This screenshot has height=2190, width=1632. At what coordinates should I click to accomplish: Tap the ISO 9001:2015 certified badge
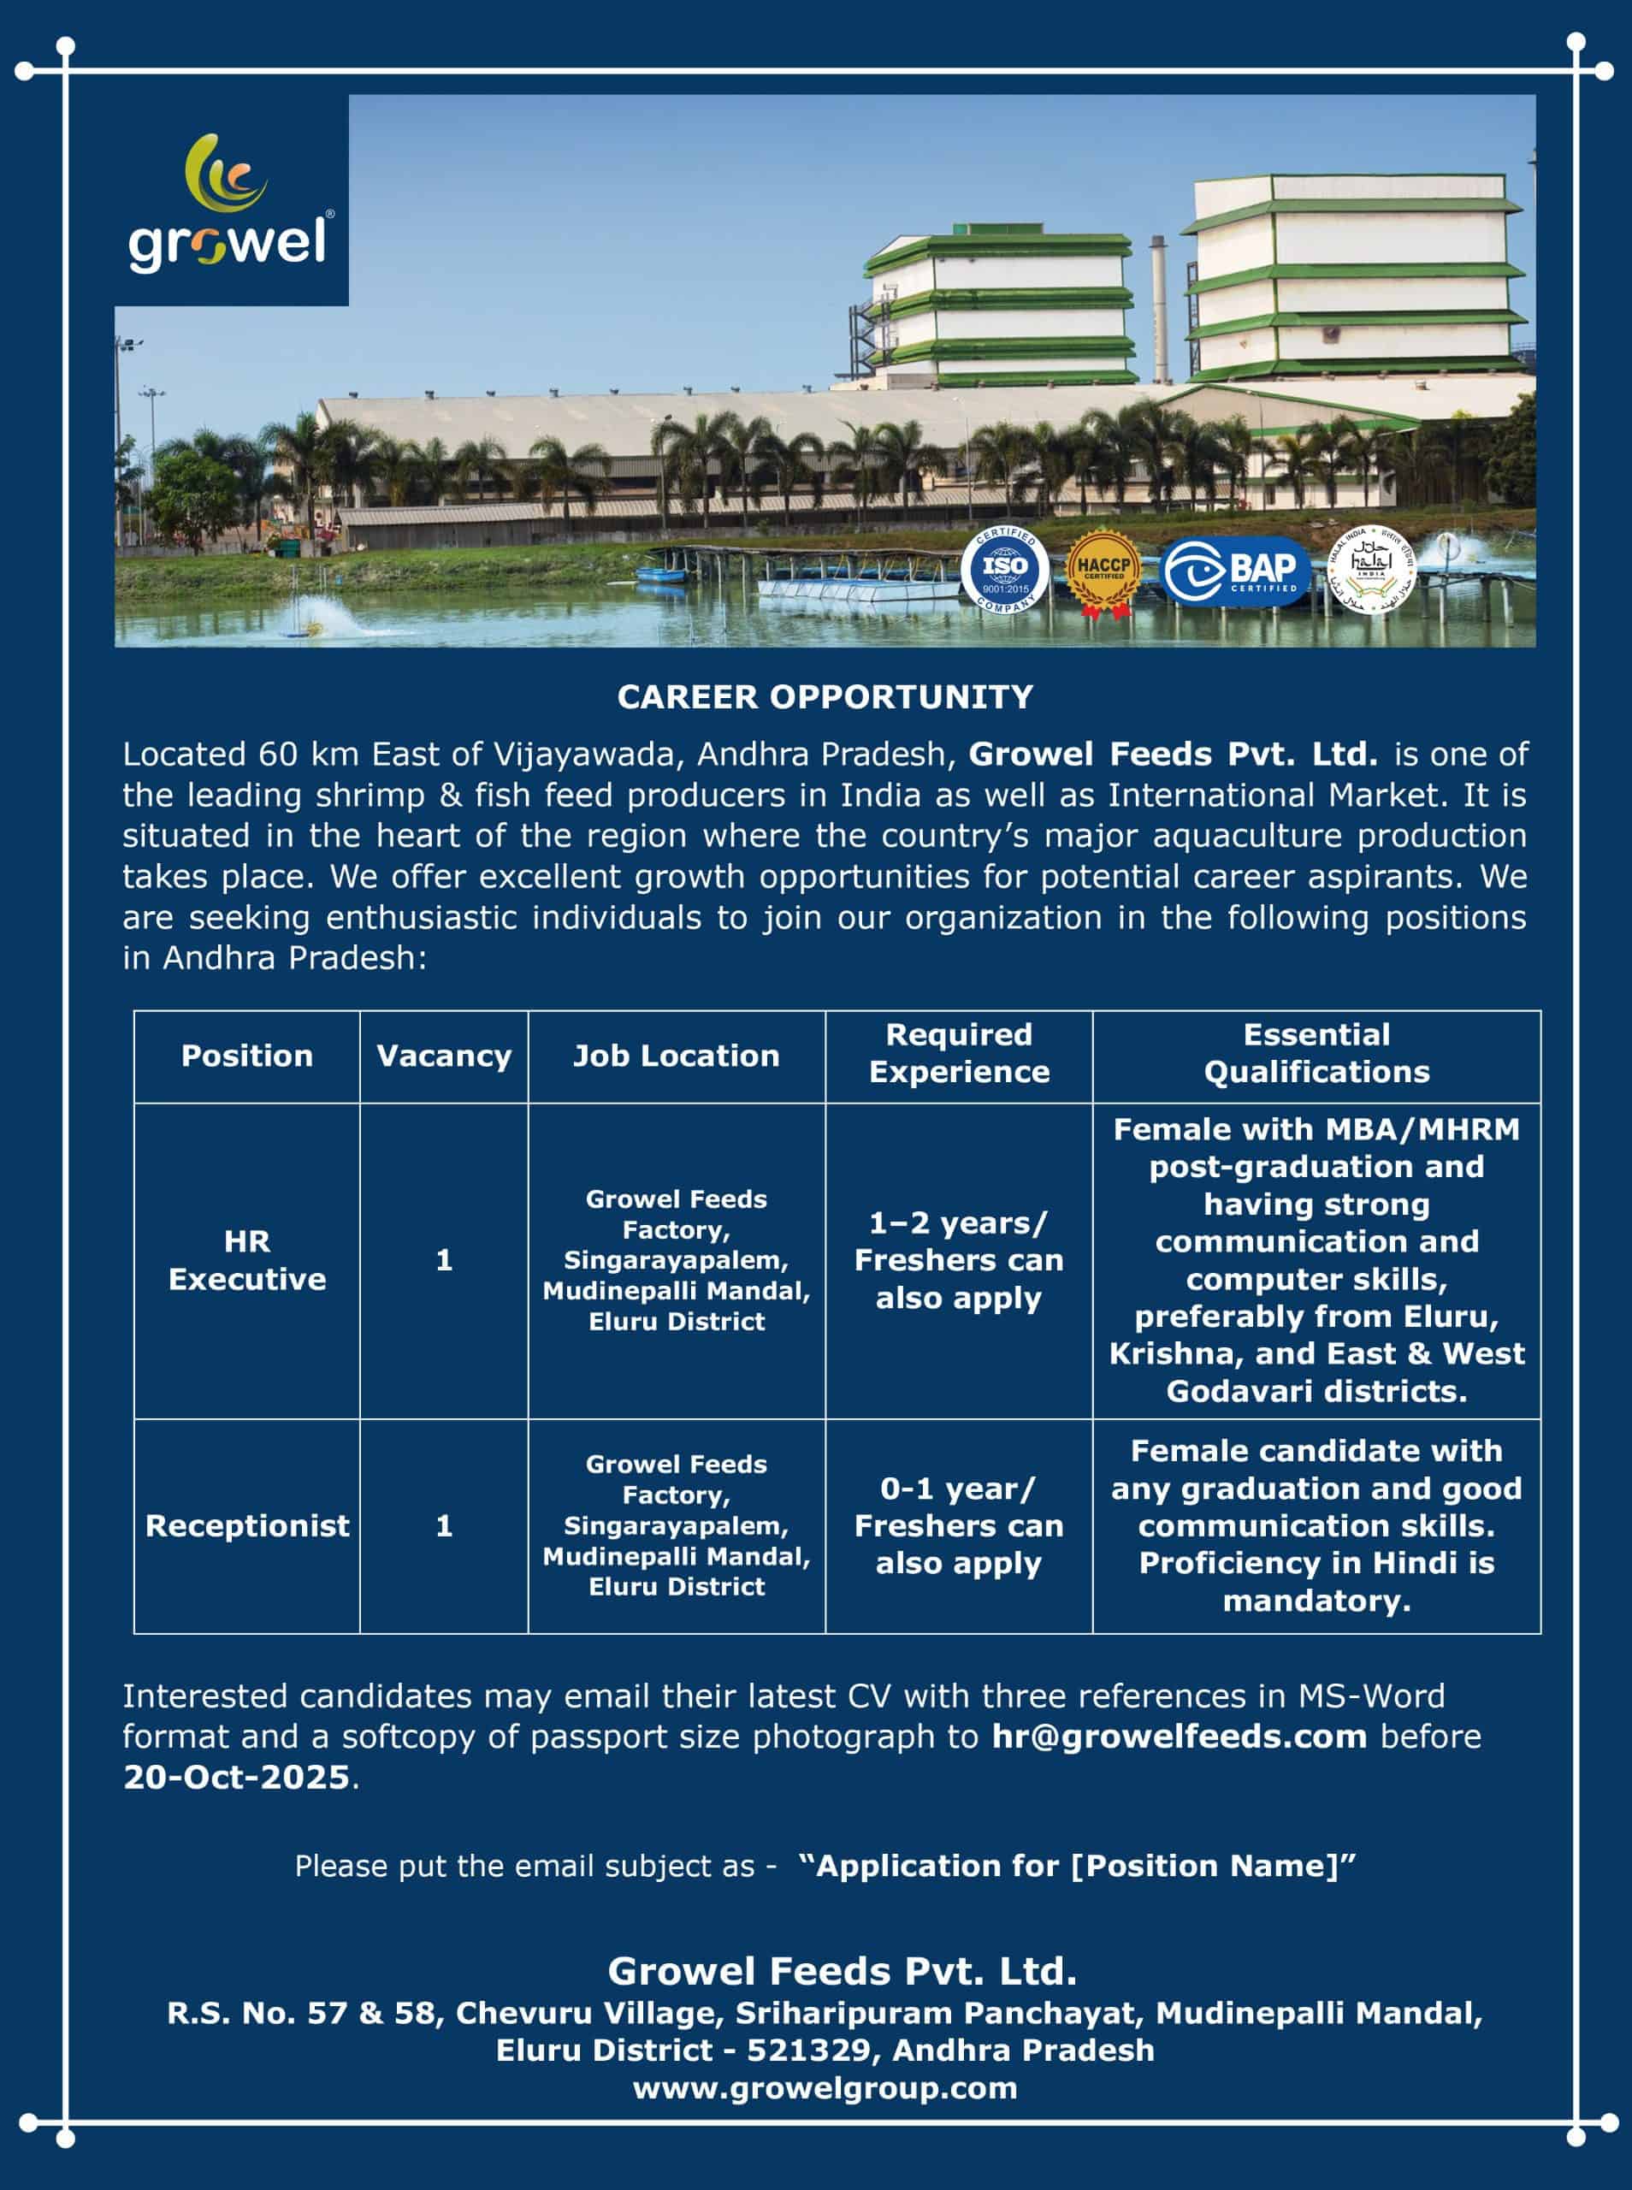coord(1005,570)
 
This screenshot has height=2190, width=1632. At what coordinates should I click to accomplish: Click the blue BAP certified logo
coord(1235,571)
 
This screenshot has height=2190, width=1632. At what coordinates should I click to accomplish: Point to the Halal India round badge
coord(1370,569)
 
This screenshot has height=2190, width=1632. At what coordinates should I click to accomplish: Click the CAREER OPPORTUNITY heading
coord(825,697)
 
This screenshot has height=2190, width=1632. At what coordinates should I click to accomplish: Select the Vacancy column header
coord(444,1056)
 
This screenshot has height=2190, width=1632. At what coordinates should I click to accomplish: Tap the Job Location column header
coord(676,1056)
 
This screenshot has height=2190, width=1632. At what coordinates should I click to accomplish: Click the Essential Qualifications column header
coord(1316,1053)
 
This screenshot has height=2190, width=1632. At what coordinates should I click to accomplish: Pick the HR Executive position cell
coord(247,1259)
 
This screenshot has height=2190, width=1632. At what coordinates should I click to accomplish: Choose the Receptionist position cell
coord(247,1525)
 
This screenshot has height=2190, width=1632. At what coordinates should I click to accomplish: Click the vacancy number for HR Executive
coord(444,1259)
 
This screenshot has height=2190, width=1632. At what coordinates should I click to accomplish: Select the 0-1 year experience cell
coord(958,1525)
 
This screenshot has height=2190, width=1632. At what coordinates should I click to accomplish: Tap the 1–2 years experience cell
coord(958,1259)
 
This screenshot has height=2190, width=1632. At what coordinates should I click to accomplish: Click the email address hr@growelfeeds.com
coord(1179,1736)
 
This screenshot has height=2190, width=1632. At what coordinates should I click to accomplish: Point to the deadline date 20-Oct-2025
coord(236,1777)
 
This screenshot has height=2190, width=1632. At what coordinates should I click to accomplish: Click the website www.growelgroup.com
coord(825,2087)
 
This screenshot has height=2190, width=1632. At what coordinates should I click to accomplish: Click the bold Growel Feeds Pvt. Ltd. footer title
coord(842,1971)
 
